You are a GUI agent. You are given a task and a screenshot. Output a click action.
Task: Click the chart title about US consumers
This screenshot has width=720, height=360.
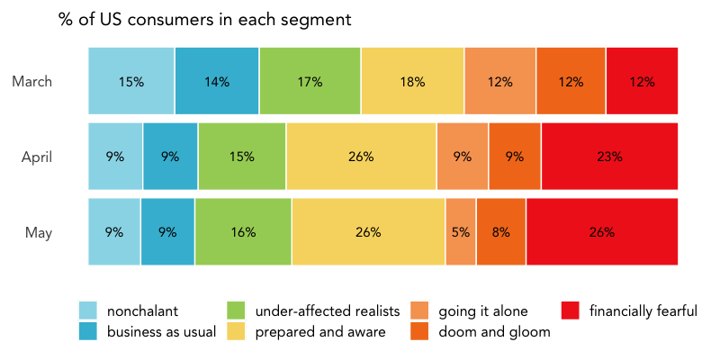[x=204, y=19]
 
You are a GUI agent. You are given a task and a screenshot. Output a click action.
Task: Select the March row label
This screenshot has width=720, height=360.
[x=31, y=82]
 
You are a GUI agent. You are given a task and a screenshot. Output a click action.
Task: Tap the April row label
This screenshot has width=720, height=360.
[x=37, y=157]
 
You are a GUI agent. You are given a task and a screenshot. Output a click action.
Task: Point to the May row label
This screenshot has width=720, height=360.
[x=39, y=233]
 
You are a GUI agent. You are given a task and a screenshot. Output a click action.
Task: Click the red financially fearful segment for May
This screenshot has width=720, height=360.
[x=601, y=232]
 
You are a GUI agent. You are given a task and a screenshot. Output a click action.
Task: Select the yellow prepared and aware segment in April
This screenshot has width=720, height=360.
[x=361, y=157]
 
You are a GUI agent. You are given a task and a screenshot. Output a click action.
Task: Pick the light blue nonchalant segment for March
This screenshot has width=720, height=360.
[x=131, y=81]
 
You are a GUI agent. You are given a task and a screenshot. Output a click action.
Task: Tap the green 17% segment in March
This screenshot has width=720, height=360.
[x=310, y=81]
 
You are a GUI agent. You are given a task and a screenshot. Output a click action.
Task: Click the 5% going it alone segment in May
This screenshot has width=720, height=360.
[x=461, y=232]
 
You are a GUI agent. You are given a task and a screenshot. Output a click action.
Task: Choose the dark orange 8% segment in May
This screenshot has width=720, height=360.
[x=501, y=232]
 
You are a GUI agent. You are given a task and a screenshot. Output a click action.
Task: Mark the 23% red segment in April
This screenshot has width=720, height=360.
[x=609, y=157]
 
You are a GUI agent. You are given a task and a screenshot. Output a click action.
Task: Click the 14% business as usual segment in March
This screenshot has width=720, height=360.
[x=217, y=81]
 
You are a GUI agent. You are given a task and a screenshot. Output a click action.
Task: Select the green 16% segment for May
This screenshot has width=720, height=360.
[x=243, y=232]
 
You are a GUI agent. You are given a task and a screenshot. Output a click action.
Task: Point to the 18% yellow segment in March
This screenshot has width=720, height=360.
[x=412, y=81]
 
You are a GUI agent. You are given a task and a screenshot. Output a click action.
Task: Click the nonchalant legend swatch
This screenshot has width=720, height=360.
[x=88, y=311]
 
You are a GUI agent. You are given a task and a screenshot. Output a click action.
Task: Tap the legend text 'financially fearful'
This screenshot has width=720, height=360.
[x=643, y=311]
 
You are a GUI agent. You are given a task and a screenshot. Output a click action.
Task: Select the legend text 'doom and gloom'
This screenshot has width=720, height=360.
[x=494, y=332]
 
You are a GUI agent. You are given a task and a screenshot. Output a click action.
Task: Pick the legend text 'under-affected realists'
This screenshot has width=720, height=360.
[x=328, y=311]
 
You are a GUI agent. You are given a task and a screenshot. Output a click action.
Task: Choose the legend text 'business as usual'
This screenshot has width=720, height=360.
[x=161, y=332]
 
